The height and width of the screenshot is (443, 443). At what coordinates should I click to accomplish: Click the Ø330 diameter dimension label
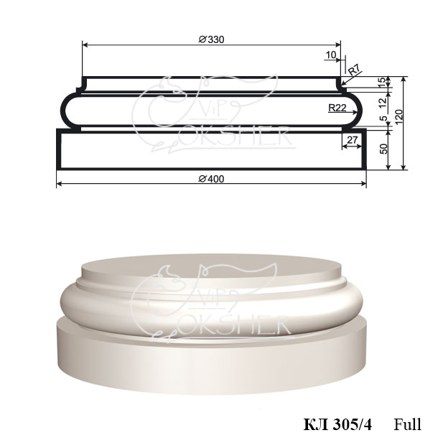click(x=211, y=39)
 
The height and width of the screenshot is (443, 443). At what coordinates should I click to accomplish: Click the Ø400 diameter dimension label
click(x=211, y=179)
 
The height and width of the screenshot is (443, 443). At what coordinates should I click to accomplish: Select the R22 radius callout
click(x=337, y=108)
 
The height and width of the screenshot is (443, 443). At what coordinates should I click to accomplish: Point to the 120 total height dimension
click(x=398, y=117)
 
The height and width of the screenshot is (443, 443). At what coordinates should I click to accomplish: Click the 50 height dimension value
click(x=383, y=149)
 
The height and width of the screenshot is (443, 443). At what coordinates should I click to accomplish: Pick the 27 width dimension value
click(x=352, y=140)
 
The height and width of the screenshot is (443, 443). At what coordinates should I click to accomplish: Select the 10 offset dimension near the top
click(x=331, y=55)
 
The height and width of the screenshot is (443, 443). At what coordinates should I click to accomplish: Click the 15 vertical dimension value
click(x=382, y=82)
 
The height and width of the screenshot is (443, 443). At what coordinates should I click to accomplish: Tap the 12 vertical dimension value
click(x=382, y=103)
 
